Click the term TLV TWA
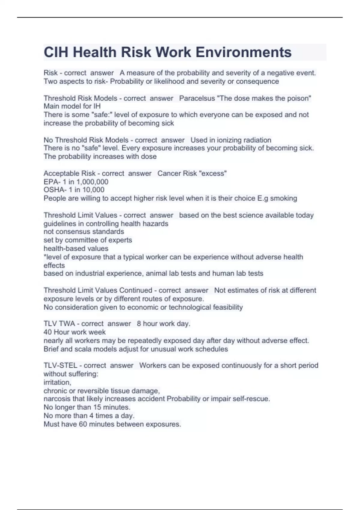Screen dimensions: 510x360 coord(59,324)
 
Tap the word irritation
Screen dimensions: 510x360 coord(57,382)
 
